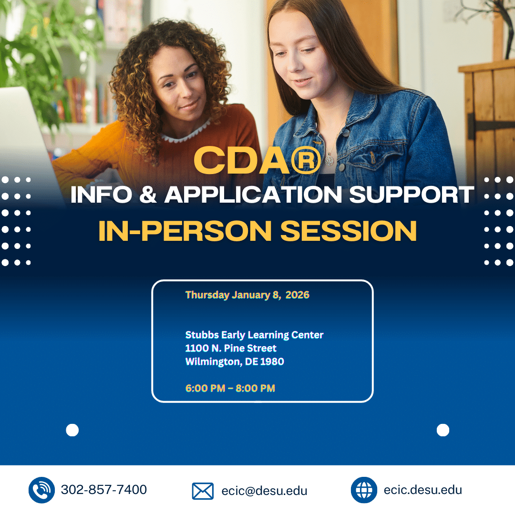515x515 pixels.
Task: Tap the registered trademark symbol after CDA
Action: pos(306,160)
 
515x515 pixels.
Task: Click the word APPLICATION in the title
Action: pos(253,195)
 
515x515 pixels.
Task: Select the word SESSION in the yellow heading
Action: pos(349,231)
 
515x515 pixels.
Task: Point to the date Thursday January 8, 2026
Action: pos(247,295)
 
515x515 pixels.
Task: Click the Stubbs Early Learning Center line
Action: pos(254,335)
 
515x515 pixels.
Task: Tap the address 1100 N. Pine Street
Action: pos(231,348)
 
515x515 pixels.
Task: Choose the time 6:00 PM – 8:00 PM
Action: pos(230,388)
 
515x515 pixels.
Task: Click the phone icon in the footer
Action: pos(41,490)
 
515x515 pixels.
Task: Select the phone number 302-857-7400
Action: pos(104,490)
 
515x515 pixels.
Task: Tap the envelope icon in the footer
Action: pos(203,491)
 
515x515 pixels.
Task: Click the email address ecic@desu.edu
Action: pos(264,491)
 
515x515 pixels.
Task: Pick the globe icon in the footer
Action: pos(364,490)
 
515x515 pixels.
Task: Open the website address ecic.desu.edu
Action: pos(422,490)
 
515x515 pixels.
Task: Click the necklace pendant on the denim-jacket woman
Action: pos(329,160)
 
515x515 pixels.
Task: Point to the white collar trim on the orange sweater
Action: pos(186,133)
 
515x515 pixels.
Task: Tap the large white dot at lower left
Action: pos(72,430)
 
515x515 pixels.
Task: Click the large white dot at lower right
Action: pos(443,430)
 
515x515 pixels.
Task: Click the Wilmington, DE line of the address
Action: pos(235,361)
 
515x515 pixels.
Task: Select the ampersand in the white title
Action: pos(148,195)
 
